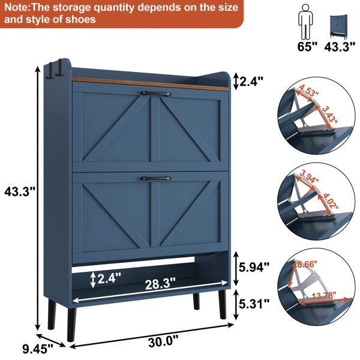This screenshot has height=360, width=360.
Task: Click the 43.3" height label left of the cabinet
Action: (x=20, y=191)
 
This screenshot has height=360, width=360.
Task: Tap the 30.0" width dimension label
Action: (x=163, y=341)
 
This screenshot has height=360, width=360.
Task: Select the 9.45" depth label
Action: (x=38, y=349)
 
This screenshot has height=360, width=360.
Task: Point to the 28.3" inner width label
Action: (x=160, y=284)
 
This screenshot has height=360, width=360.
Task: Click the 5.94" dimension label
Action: (x=254, y=267)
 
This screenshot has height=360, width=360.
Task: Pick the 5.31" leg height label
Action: (x=254, y=304)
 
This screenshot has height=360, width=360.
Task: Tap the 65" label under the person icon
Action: (x=307, y=47)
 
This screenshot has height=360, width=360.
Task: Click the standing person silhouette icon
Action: (x=305, y=22)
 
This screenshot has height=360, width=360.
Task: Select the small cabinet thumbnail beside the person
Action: (x=338, y=26)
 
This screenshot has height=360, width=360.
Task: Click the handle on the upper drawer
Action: (x=156, y=94)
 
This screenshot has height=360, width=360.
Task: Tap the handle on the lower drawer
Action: (x=156, y=178)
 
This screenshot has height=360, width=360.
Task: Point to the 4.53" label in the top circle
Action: (x=309, y=91)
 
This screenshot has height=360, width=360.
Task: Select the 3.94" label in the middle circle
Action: (x=309, y=176)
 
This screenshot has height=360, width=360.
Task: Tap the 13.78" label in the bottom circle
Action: (x=324, y=295)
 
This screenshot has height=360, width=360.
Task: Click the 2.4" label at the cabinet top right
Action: (x=251, y=81)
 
